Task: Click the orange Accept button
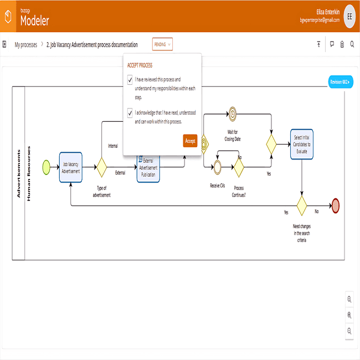(x=190, y=141)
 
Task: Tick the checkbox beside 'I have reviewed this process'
(x=130, y=80)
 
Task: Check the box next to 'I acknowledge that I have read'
(x=130, y=113)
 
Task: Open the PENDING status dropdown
(x=162, y=44)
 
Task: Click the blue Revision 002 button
(x=341, y=82)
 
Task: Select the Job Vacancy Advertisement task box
(x=71, y=167)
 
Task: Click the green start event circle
(x=47, y=167)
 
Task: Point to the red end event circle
(x=336, y=205)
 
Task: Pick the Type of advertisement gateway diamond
(x=102, y=167)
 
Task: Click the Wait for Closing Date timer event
(x=233, y=114)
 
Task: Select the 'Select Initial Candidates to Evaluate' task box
(x=302, y=144)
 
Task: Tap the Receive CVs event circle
(x=218, y=167)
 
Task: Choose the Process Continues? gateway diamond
(x=239, y=167)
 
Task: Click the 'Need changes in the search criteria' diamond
(x=302, y=205)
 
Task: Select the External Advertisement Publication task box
(x=148, y=169)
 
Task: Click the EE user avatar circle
(x=349, y=16)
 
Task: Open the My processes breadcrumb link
(x=25, y=44)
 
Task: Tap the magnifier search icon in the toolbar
(x=352, y=44)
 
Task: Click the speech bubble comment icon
(x=332, y=44)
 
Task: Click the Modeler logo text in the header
(x=35, y=20)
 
